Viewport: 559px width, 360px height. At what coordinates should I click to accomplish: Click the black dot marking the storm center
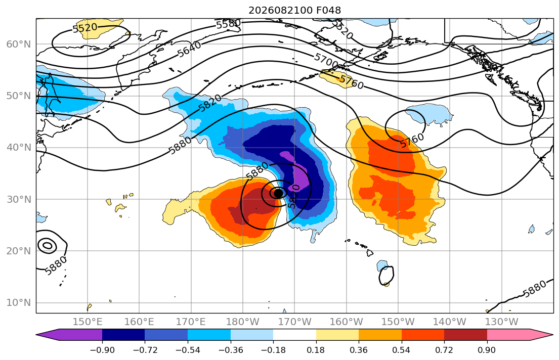pos(278,193)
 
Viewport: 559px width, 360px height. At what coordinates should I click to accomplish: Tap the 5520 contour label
pos(85,27)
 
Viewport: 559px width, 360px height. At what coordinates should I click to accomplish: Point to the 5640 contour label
pos(189,49)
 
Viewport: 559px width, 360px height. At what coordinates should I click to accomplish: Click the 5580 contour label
pos(229,24)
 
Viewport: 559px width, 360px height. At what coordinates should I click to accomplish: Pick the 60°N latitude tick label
pos(19,44)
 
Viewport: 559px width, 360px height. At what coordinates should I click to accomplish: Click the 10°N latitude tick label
pos(19,303)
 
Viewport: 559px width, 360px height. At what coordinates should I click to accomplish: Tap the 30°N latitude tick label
pos(19,199)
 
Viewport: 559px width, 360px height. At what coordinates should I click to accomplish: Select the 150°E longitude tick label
pos(88,322)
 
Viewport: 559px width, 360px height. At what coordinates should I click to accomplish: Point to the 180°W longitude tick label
pos(243,322)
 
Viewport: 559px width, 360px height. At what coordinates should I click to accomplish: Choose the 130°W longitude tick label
pos(502,322)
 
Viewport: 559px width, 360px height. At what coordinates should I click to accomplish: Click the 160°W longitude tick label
pos(346,322)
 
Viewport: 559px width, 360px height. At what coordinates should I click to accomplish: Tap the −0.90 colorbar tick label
pos(102,350)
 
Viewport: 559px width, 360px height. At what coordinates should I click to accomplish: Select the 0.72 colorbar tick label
pos(444,350)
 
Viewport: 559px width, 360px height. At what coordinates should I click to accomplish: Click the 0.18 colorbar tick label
pos(316,350)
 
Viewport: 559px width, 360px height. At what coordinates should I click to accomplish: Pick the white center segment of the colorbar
pos(294,335)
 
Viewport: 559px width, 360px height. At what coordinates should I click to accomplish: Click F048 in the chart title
pos(328,10)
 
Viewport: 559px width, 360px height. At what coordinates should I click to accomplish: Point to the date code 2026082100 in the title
pos(280,10)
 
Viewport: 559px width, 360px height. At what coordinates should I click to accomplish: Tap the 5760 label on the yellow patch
pos(351,81)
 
